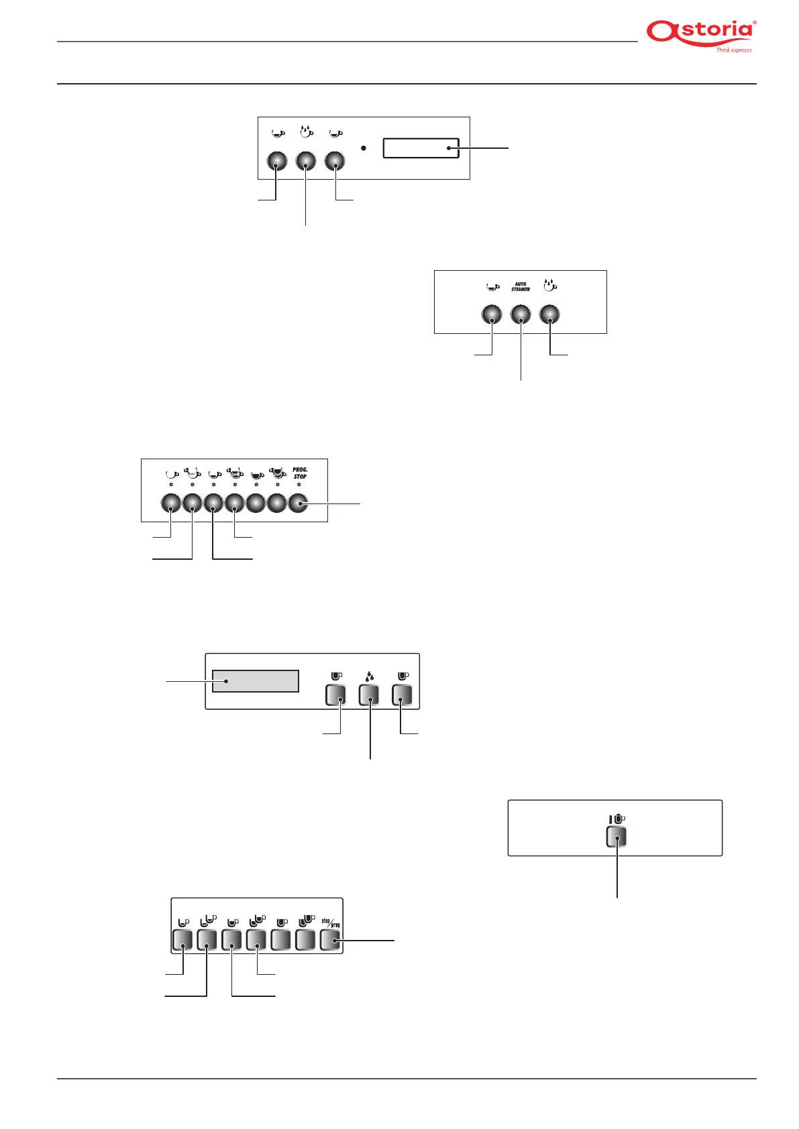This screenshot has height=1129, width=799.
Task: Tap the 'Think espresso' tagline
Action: [734, 50]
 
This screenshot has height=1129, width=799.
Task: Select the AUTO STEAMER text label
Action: [521, 287]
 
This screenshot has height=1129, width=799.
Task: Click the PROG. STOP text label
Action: [300, 473]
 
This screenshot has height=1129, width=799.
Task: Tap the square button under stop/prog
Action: [330, 940]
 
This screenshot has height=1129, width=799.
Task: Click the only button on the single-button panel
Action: [616, 837]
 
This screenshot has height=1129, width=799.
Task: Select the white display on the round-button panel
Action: [421, 148]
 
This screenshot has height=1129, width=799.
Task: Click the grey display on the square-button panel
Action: [256, 680]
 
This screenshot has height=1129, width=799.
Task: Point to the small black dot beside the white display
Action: [363, 147]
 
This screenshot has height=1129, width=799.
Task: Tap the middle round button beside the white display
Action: [306, 161]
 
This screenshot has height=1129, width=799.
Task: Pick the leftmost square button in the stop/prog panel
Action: [182, 940]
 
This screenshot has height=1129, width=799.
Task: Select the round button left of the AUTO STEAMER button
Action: [492, 314]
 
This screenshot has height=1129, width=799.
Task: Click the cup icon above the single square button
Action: [617, 819]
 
